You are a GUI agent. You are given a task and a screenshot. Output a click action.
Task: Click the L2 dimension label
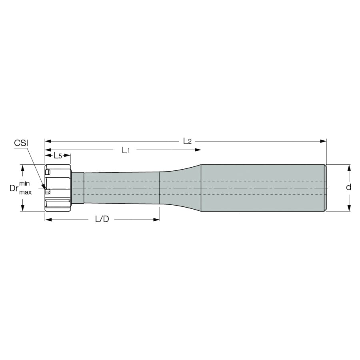[187, 141]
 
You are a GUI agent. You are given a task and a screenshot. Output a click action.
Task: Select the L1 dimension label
[126, 150]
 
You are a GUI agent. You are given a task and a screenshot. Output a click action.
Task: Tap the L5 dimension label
[58, 156]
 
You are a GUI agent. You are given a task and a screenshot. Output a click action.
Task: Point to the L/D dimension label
[102, 219]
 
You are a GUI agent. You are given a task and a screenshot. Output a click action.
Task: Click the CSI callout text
[21, 143]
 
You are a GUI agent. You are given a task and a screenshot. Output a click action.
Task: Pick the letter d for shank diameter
[348, 187]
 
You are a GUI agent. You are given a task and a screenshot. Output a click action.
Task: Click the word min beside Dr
[24, 183]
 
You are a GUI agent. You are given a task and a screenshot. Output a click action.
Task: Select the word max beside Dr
[25, 192]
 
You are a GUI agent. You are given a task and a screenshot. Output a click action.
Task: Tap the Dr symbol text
[14, 188]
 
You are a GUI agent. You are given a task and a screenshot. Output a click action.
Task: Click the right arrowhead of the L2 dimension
[323, 141]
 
